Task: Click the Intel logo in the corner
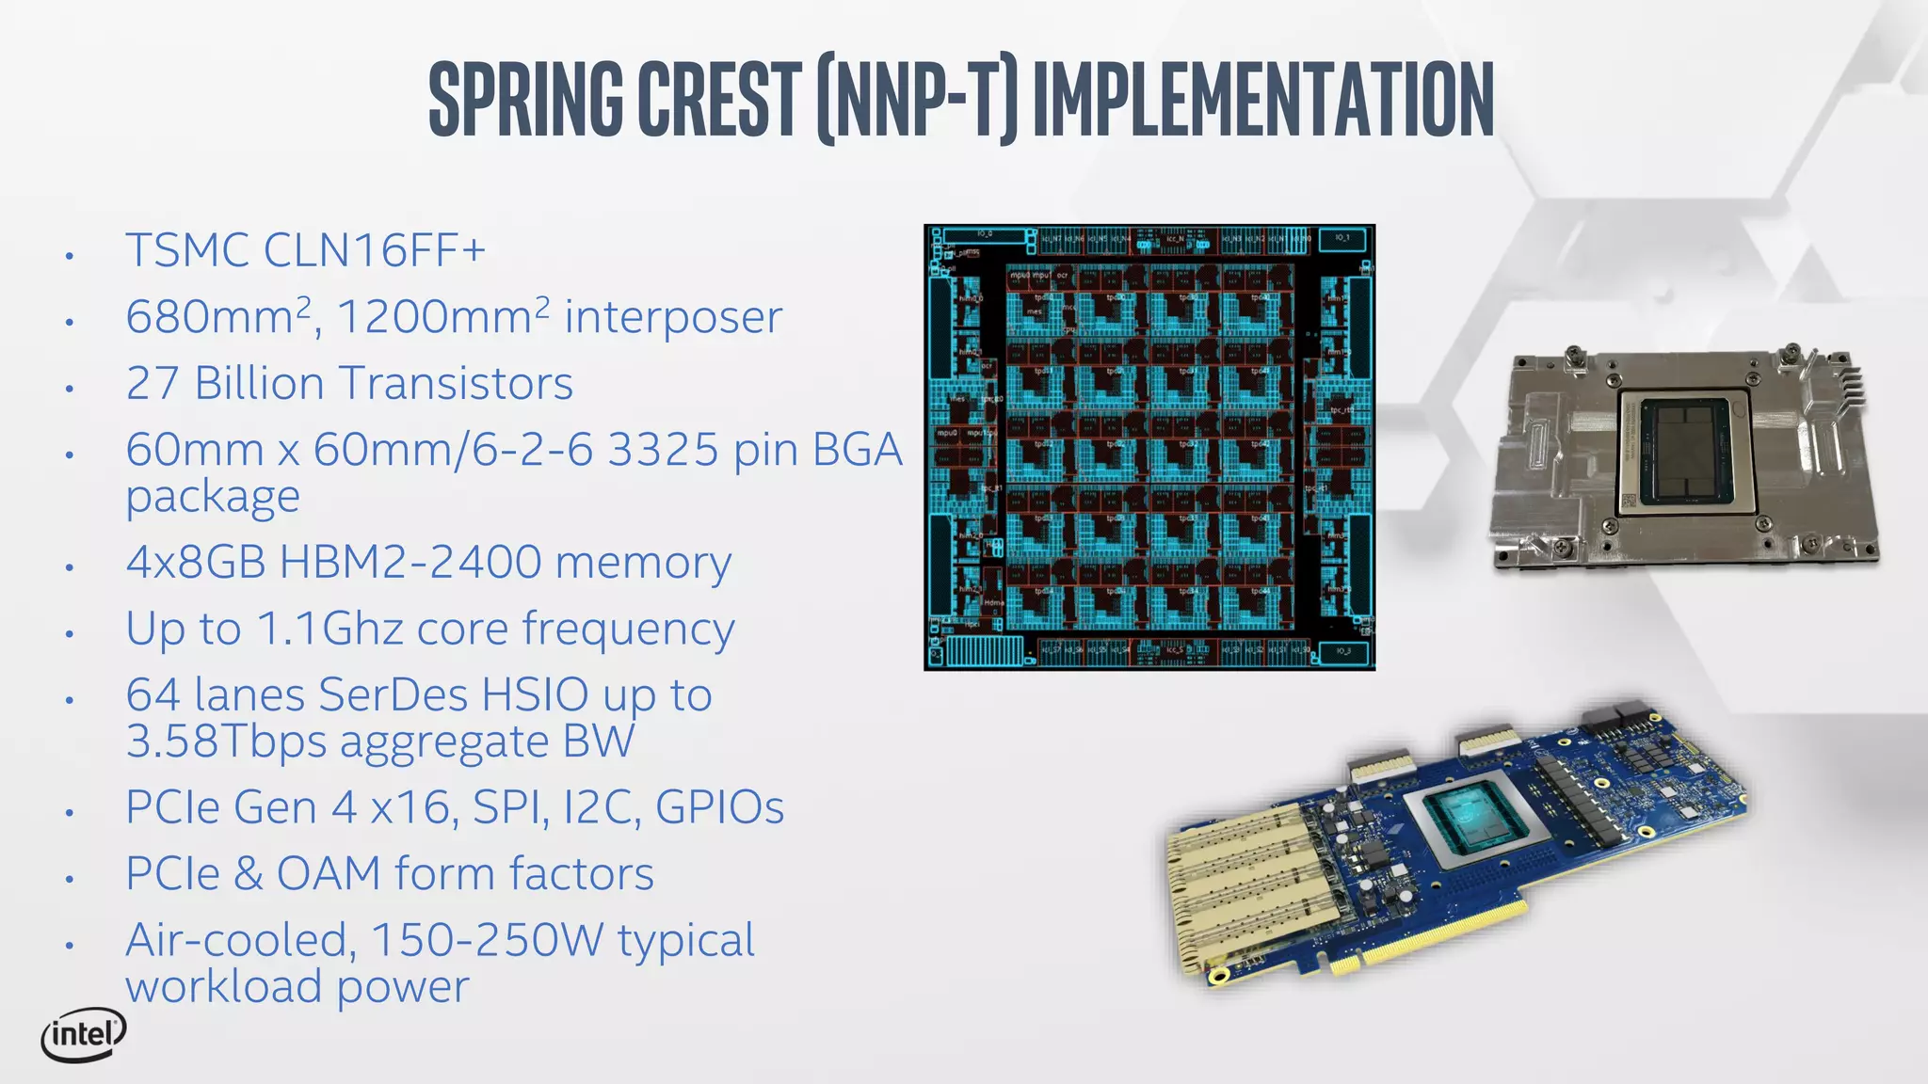[84, 1035]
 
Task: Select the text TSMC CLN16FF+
[306, 250]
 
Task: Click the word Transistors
[456, 383]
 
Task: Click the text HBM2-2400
[410, 562]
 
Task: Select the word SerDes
[393, 694]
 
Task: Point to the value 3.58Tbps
[226, 741]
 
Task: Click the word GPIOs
[719, 807]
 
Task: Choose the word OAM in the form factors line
[329, 873]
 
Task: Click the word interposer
[673, 316]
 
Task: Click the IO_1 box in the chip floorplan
[1342, 238]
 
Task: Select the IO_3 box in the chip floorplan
[1342, 651]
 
